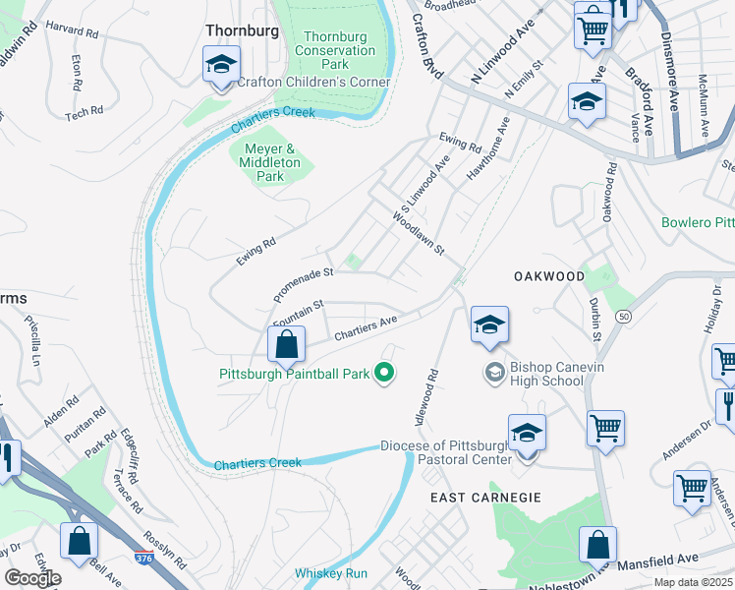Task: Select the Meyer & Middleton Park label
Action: coord(263,163)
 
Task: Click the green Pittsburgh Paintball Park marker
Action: coord(385,373)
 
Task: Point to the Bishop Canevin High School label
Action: coord(546,374)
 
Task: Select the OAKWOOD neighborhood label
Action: coord(549,277)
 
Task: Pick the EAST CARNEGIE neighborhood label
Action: coord(485,498)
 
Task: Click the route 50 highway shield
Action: coord(623,317)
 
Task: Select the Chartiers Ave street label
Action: coord(366,326)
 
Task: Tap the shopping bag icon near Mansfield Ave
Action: coord(597,545)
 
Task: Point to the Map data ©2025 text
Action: coord(694,583)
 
